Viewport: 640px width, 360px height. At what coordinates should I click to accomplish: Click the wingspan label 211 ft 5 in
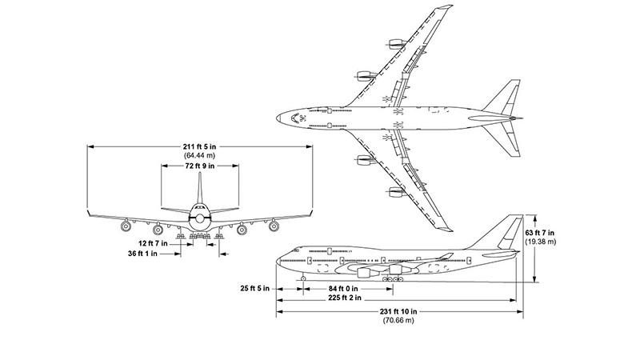(199, 146)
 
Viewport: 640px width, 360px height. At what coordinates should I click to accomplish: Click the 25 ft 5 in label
(254, 287)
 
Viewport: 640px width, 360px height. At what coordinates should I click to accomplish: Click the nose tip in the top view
(278, 118)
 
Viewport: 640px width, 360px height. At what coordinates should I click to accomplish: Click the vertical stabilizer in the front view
(199, 192)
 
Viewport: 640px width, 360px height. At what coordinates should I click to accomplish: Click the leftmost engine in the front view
(126, 227)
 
